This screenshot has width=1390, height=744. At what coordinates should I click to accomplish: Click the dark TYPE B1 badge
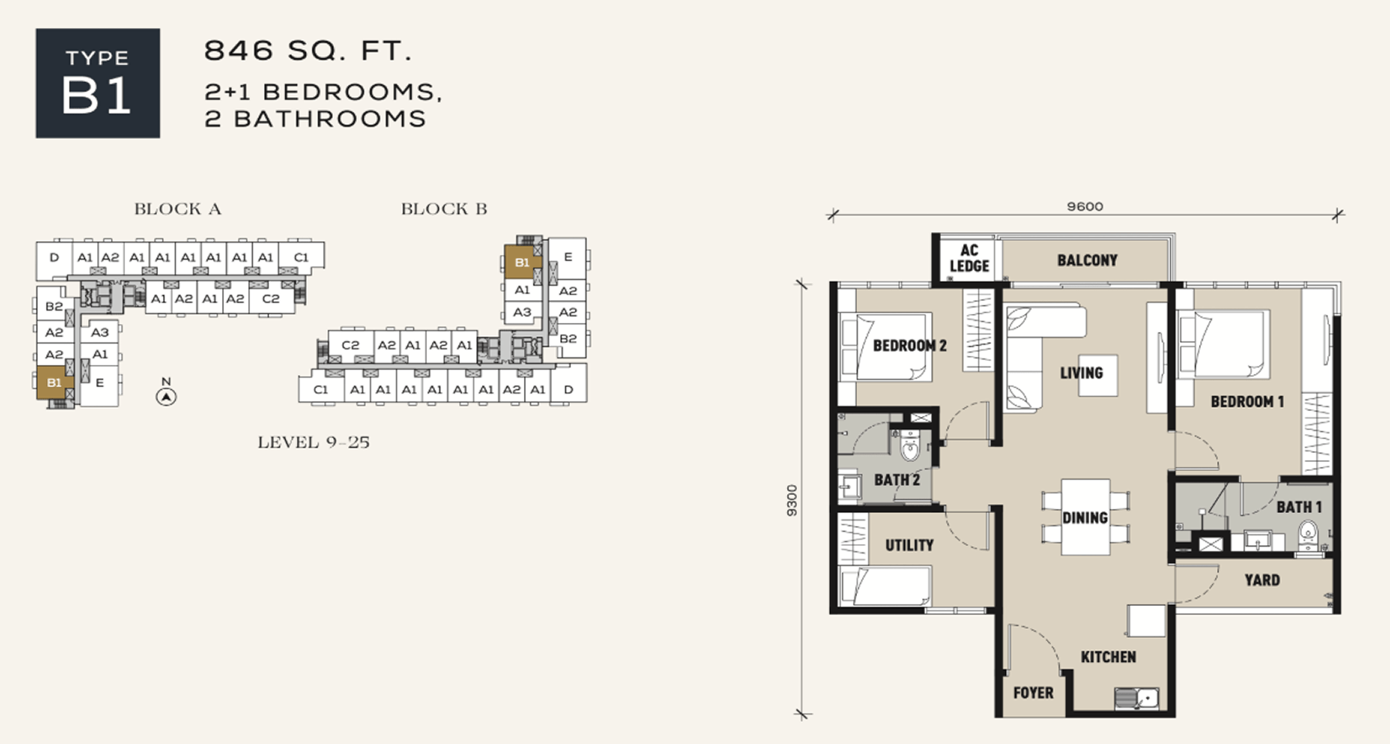click(x=98, y=83)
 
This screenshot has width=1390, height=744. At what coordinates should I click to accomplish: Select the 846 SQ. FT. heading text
click(x=308, y=51)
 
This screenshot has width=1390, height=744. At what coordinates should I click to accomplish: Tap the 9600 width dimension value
click(x=1085, y=206)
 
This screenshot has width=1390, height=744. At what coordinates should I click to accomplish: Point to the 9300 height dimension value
click(x=792, y=501)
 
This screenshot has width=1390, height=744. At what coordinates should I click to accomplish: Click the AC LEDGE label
click(x=969, y=258)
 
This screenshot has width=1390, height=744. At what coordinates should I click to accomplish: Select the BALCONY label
click(x=1087, y=261)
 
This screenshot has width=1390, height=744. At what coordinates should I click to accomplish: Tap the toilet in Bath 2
click(x=910, y=446)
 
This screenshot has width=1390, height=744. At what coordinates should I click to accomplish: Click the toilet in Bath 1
click(x=1308, y=535)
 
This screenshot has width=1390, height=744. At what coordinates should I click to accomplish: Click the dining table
click(x=1086, y=517)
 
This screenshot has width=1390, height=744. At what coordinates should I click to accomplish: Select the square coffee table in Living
click(x=1098, y=375)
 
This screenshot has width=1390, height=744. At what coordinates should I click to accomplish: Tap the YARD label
click(x=1263, y=580)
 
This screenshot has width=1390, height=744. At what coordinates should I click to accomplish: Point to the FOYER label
click(x=1033, y=692)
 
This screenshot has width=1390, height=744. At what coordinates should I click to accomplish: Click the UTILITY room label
click(x=909, y=546)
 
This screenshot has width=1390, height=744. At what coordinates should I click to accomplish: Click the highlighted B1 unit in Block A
click(x=54, y=382)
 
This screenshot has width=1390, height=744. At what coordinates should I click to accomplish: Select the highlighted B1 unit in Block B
click(x=522, y=262)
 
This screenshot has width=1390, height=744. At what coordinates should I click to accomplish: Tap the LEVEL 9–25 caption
click(x=313, y=442)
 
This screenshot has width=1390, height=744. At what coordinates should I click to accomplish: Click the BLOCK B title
click(x=443, y=209)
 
